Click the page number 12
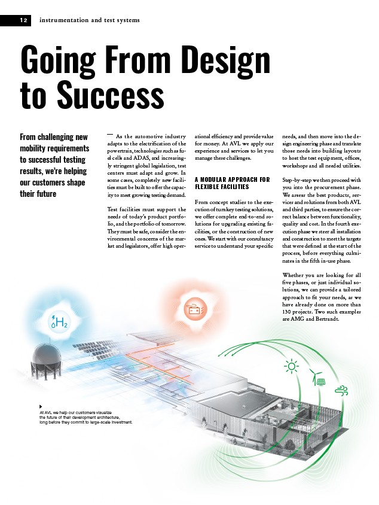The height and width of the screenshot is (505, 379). pyautogui.click(x=23, y=20)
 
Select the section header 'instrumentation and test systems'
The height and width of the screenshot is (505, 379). pyautogui.click(x=90, y=20)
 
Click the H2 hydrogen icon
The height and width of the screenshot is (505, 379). pyautogui.click(x=59, y=322)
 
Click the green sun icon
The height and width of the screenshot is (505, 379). pyautogui.click(x=292, y=366)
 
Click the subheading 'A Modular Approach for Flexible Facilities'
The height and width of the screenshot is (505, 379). pyautogui.click(x=233, y=183)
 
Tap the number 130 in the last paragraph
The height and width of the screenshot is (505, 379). pyautogui.click(x=287, y=312)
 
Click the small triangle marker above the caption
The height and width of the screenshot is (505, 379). pyautogui.click(x=41, y=406)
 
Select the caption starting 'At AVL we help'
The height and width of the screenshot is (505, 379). pyautogui.click(x=85, y=417)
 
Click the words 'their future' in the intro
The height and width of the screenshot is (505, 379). pyautogui.click(x=38, y=194)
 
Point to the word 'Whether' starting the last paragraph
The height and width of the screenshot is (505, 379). pyautogui.click(x=293, y=275)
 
